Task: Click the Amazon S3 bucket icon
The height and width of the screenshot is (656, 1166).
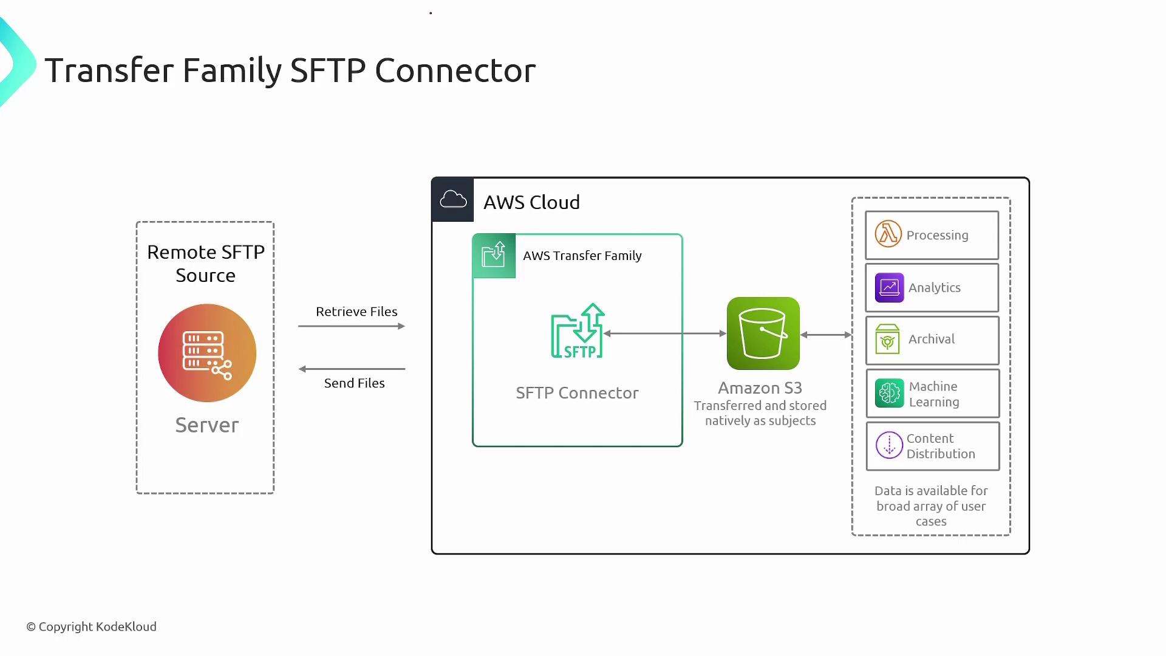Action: click(763, 333)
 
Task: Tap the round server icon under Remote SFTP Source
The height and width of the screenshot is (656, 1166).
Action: click(207, 353)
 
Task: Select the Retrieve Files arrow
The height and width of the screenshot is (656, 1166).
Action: click(352, 326)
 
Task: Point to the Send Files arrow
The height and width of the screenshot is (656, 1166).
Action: click(352, 369)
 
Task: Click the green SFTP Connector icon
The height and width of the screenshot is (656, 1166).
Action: click(578, 331)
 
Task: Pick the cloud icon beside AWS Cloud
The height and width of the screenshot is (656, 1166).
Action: click(453, 200)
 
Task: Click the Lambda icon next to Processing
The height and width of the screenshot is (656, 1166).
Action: click(888, 234)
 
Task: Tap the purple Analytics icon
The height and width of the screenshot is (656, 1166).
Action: click(889, 287)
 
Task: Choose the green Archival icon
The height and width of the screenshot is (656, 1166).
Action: click(887, 340)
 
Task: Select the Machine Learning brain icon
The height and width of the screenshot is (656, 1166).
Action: click(889, 393)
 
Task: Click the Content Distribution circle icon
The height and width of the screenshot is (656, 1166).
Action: click(889, 445)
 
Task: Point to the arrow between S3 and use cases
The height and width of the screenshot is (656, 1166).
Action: click(826, 335)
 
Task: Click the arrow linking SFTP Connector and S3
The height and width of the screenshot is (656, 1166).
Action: click(665, 333)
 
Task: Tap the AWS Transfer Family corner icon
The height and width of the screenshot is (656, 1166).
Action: click(494, 256)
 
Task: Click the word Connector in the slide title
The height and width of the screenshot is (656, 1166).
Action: click(455, 70)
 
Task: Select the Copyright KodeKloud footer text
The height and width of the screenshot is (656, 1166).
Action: click(91, 626)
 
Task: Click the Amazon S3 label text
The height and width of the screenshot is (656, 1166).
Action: click(760, 388)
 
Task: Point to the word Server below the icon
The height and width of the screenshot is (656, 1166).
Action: click(207, 425)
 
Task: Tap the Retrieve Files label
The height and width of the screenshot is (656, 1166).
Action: click(356, 312)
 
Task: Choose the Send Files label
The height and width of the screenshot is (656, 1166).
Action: click(354, 383)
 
